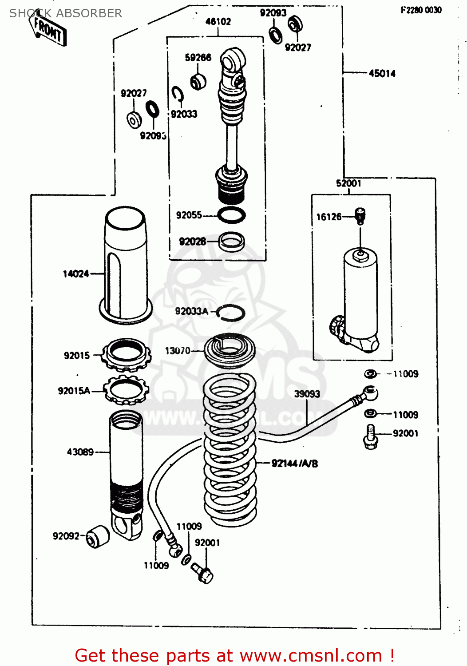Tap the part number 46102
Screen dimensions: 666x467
point(218,21)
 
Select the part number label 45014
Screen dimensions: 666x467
point(382,74)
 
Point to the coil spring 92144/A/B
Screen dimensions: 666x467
point(230,448)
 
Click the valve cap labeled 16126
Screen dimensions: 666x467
point(360,216)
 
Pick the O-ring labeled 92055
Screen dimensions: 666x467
point(231,215)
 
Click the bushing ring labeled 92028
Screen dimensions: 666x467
point(232,242)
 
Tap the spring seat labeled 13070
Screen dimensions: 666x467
point(230,350)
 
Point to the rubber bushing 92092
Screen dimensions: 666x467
point(97,536)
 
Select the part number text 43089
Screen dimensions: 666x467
point(80,452)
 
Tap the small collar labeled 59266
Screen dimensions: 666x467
point(198,81)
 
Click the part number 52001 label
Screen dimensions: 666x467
point(348,183)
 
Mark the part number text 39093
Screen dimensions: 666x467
point(307,394)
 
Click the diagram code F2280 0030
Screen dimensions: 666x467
point(421,10)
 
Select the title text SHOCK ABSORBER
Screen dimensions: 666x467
point(66,13)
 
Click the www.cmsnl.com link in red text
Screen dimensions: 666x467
point(311,655)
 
